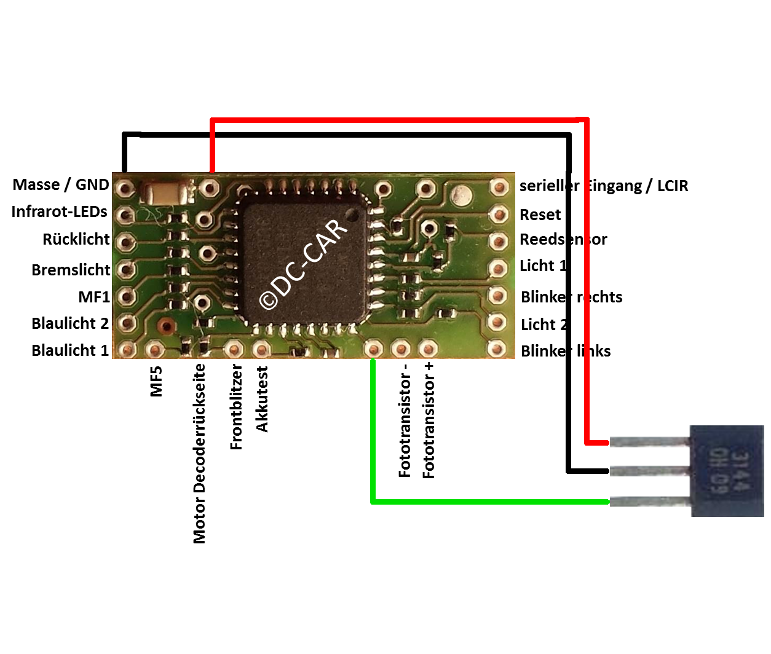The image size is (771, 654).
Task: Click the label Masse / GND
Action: coord(61,184)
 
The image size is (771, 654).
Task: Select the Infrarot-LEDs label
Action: coord(60,211)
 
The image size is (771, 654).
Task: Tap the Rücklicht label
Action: coord(76,239)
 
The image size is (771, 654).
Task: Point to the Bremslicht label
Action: coord(71,269)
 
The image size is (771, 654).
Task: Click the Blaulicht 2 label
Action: coord(70,323)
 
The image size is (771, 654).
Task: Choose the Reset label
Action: coord(540,215)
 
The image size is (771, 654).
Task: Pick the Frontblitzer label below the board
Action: coord(237,407)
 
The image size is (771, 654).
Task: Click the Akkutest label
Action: coord(263,400)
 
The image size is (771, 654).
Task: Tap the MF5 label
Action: coord(157,381)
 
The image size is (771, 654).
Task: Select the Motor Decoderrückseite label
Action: coord(199,454)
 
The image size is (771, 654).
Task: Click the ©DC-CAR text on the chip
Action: coord(303,265)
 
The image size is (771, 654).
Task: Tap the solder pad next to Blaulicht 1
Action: coord(127,350)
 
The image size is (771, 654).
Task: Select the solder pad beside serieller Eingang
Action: coord(499,187)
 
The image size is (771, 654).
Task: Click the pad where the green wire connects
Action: coord(373,349)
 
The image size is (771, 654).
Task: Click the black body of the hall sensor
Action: coord(727,471)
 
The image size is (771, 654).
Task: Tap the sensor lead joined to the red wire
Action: coord(649,442)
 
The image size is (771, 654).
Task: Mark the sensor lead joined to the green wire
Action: coord(649,502)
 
